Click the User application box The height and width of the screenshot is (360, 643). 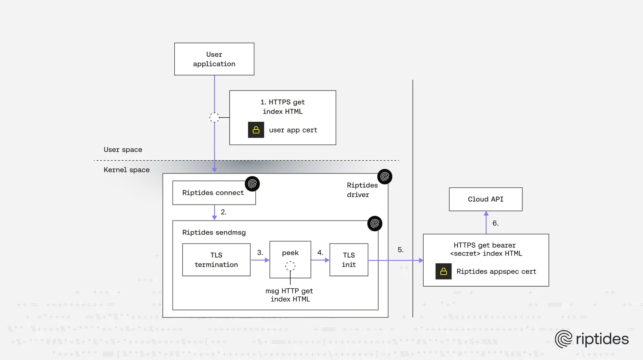coord(214,59)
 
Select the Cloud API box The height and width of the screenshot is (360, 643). coord(486,199)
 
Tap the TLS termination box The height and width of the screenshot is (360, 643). coord(216,260)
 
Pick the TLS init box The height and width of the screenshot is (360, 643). coord(349,260)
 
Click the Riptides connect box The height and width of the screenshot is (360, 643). coord(213,193)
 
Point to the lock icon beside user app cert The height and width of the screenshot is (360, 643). coord(256,130)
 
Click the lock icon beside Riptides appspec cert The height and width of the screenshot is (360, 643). coord(443,271)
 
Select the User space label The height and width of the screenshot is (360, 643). coord(123,150)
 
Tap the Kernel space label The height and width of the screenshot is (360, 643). coord(127,170)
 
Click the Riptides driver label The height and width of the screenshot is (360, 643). coord(362,190)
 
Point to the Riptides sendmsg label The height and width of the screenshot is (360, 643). coord(214,232)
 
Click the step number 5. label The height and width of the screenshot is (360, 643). coord(401,250)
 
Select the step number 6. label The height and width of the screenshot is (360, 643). coord(495,223)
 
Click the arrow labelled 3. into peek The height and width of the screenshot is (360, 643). coord(260,260)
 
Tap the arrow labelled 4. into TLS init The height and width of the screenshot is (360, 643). coord(320,260)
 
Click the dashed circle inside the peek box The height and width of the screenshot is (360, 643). coord(290,266)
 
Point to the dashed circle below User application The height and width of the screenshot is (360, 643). coord(214,118)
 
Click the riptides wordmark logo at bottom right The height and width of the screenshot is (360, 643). coord(592,339)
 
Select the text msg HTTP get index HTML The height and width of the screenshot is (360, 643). coord(290,295)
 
